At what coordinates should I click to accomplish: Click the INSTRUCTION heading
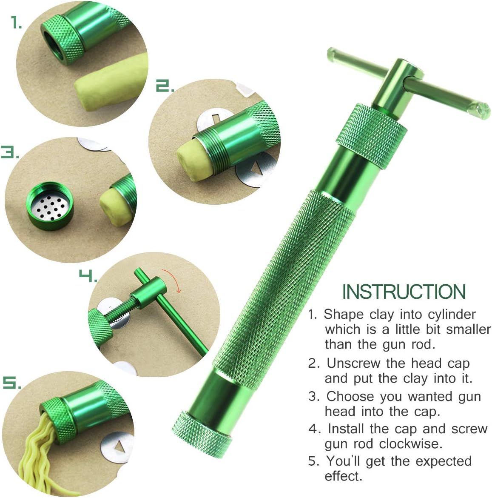[404, 292]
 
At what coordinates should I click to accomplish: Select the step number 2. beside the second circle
[165, 86]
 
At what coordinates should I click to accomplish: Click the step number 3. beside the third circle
[9, 152]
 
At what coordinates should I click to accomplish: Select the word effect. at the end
[343, 476]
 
